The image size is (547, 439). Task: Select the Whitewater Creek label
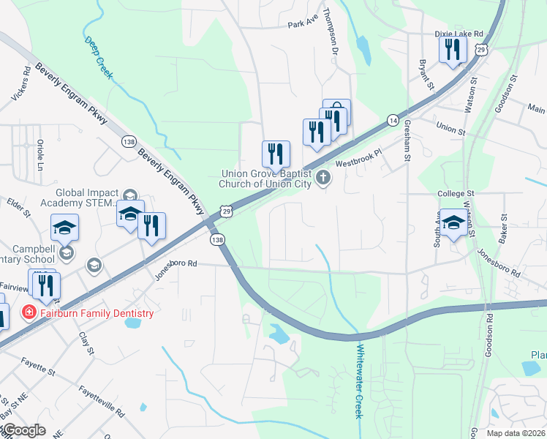(359, 380)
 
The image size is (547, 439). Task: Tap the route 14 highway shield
(393, 120)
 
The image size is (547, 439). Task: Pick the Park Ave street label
(304, 24)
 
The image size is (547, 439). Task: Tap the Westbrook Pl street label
(359, 159)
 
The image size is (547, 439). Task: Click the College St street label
(456, 193)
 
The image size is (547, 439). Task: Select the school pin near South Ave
(453, 223)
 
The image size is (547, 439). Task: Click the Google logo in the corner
(24, 430)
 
